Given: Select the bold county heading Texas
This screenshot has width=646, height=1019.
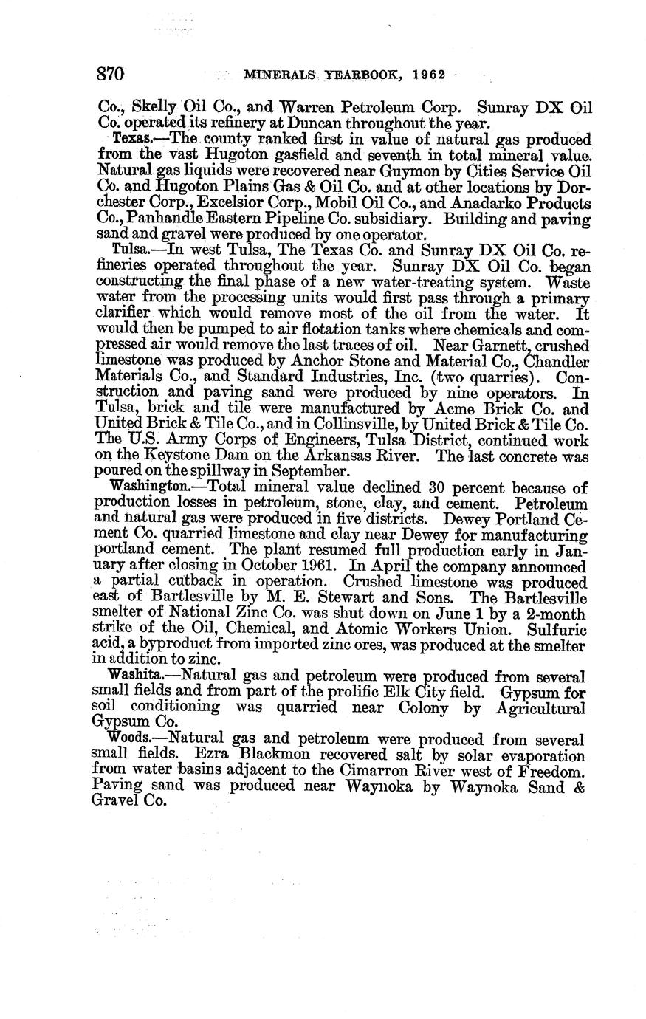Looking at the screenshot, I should [131, 140].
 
